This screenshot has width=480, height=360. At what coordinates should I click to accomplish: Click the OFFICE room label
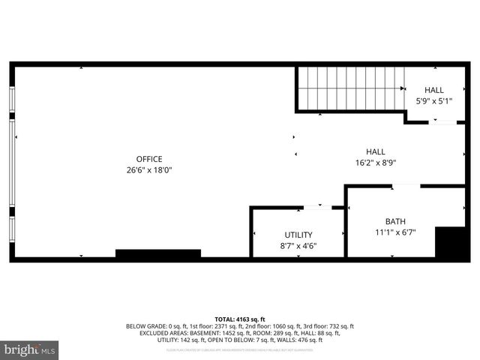pyautogui.click(x=150, y=158)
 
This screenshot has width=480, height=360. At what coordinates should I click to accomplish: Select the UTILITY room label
pyautogui.click(x=298, y=235)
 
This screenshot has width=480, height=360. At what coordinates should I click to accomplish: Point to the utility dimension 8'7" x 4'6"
pyautogui.click(x=298, y=246)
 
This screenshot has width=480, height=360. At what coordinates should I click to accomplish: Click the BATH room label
pyautogui.click(x=394, y=221)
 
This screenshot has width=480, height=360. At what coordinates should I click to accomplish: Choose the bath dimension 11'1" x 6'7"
pyautogui.click(x=394, y=232)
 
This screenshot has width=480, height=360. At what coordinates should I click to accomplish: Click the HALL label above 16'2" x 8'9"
pyautogui.click(x=375, y=151)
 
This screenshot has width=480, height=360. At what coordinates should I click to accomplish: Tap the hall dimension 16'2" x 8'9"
pyautogui.click(x=375, y=162)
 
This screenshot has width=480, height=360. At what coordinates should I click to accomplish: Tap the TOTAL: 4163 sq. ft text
pyautogui.click(x=240, y=319)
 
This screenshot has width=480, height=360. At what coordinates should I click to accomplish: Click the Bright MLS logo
pyautogui.click(x=30, y=350)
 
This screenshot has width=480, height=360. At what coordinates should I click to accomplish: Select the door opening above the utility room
pyautogui.click(x=318, y=206)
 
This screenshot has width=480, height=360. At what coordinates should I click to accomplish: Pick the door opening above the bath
pyautogui.click(x=406, y=185)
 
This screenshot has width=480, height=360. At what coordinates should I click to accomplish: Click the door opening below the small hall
pyautogui.click(x=443, y=121)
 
